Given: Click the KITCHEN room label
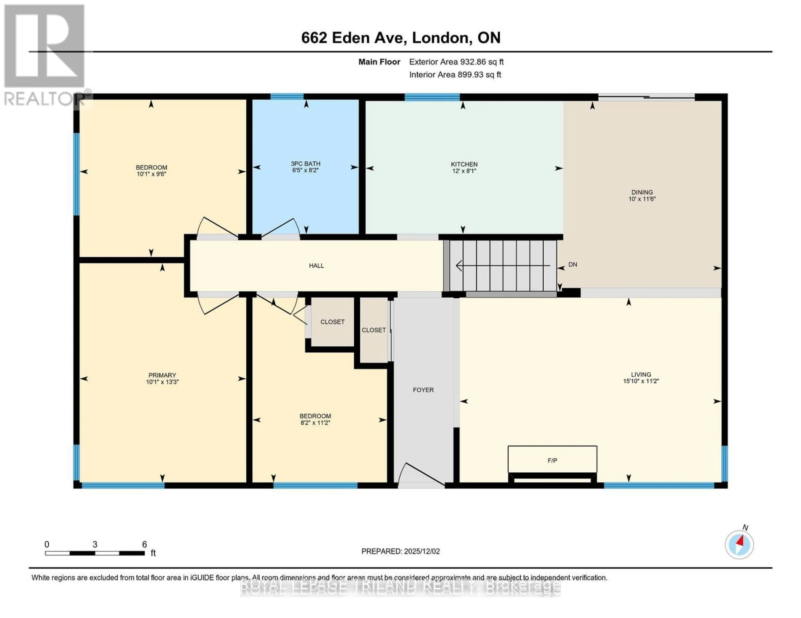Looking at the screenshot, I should click(x=464, y=164).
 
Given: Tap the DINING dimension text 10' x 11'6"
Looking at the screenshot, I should click(x=642, y=199).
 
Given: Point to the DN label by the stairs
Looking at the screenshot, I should click(x=573, y=265).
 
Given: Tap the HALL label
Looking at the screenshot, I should click(x=316, y=266).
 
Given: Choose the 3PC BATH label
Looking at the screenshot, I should click(x=306, y=164).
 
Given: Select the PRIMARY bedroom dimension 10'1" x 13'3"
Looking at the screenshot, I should click(x=162, y=382).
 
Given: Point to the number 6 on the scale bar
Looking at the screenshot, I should click(x=145, y=544).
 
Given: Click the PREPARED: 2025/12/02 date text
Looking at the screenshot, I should click(x=400, y=551).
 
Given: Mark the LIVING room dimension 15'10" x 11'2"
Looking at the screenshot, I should click(x=641, y=381).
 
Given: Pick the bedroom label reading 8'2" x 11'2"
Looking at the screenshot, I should click(x=315, y=423).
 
